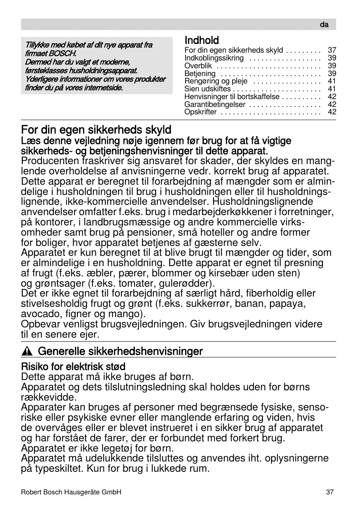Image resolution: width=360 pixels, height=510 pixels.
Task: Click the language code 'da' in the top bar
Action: pos(324,25)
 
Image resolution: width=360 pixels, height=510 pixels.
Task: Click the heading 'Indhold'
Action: pos(202,40)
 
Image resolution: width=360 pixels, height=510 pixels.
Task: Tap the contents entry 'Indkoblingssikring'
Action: pos(214,58)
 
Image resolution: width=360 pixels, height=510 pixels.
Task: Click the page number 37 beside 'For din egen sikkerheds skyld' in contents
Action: pos(332,50)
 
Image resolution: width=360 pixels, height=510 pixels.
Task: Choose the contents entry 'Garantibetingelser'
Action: pos(215,104)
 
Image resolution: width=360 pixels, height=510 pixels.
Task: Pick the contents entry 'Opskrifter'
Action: pos(200,112)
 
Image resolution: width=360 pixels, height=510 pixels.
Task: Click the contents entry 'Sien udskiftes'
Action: pos(207,89)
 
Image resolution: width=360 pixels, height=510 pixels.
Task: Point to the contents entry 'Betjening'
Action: pos(200,74)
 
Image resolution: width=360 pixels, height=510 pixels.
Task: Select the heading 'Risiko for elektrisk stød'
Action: pos(73,366)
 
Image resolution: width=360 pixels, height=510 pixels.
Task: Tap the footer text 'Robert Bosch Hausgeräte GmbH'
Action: pos(71,492)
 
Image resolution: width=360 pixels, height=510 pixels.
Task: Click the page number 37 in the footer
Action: pos(330,492)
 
